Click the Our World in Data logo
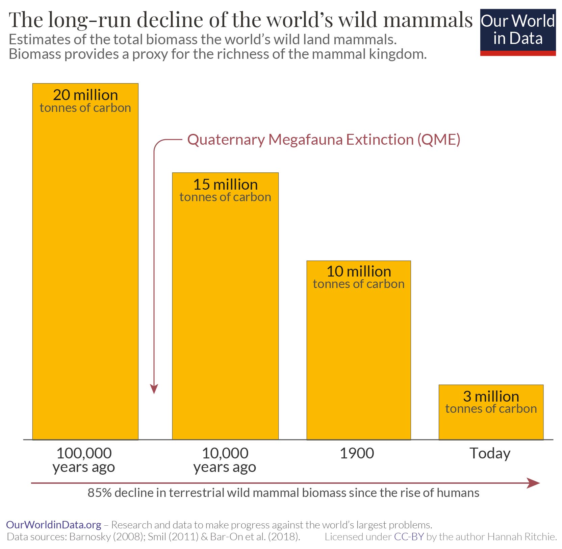click(x=517, y=32)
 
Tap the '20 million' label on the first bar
click(x=85, y=95)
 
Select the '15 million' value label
click(x=225, y=185)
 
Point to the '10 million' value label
click(x=359, y=272)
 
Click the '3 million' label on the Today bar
click(x=491, y=397)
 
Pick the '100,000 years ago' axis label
click(x=84, y=460)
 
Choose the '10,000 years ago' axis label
click(x=225, y=460)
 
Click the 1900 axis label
click(x=357, y=453)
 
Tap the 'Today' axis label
click(x=490, y=454)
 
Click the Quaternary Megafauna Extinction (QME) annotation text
click(x=324, y=140)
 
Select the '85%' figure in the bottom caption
click(x=100, y=493)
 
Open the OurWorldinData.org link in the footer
click(x=54, y=525)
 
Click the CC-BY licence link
click(x=409, y=537)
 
